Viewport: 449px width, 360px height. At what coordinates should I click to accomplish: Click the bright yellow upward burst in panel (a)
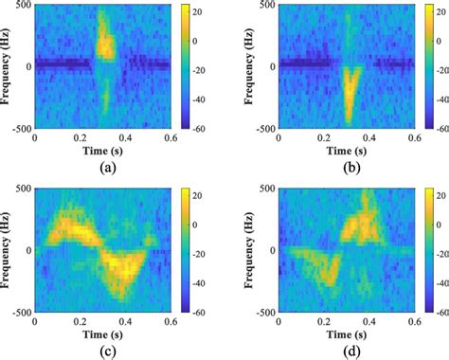pos(105,43)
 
